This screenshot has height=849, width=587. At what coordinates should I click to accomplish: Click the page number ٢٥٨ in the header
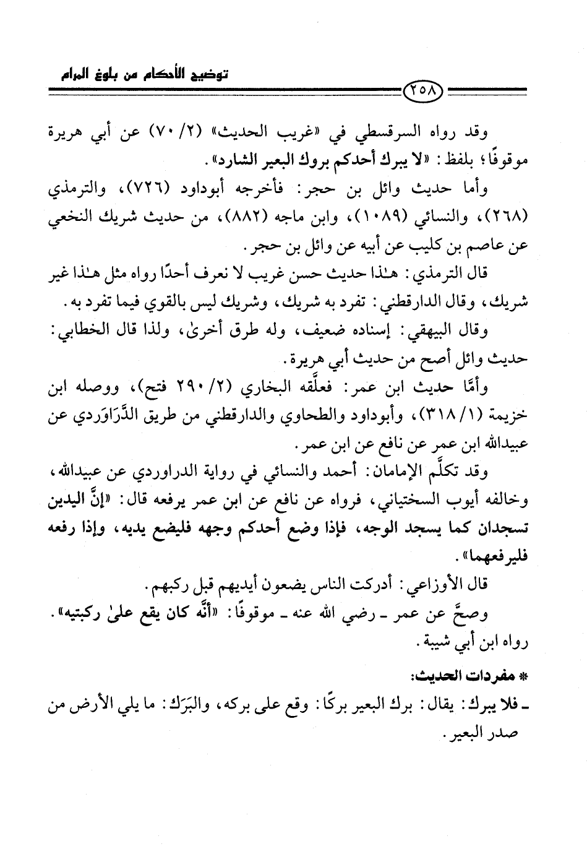pyautogui.click(x=424, y=94)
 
